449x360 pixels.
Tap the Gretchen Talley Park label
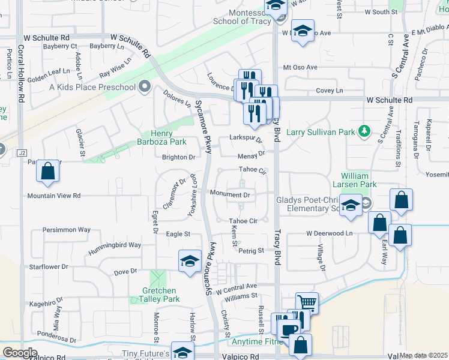160,295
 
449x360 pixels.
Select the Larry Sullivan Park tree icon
363,131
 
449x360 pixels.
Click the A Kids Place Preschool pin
144,88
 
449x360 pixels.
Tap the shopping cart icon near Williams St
307,302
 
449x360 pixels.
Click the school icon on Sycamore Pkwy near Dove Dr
190,261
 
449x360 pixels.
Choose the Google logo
20,353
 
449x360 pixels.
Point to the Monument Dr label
230,194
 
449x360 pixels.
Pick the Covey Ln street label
330,91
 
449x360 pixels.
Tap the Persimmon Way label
67,230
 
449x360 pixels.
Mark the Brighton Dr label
179,157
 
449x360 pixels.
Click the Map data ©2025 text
423,355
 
